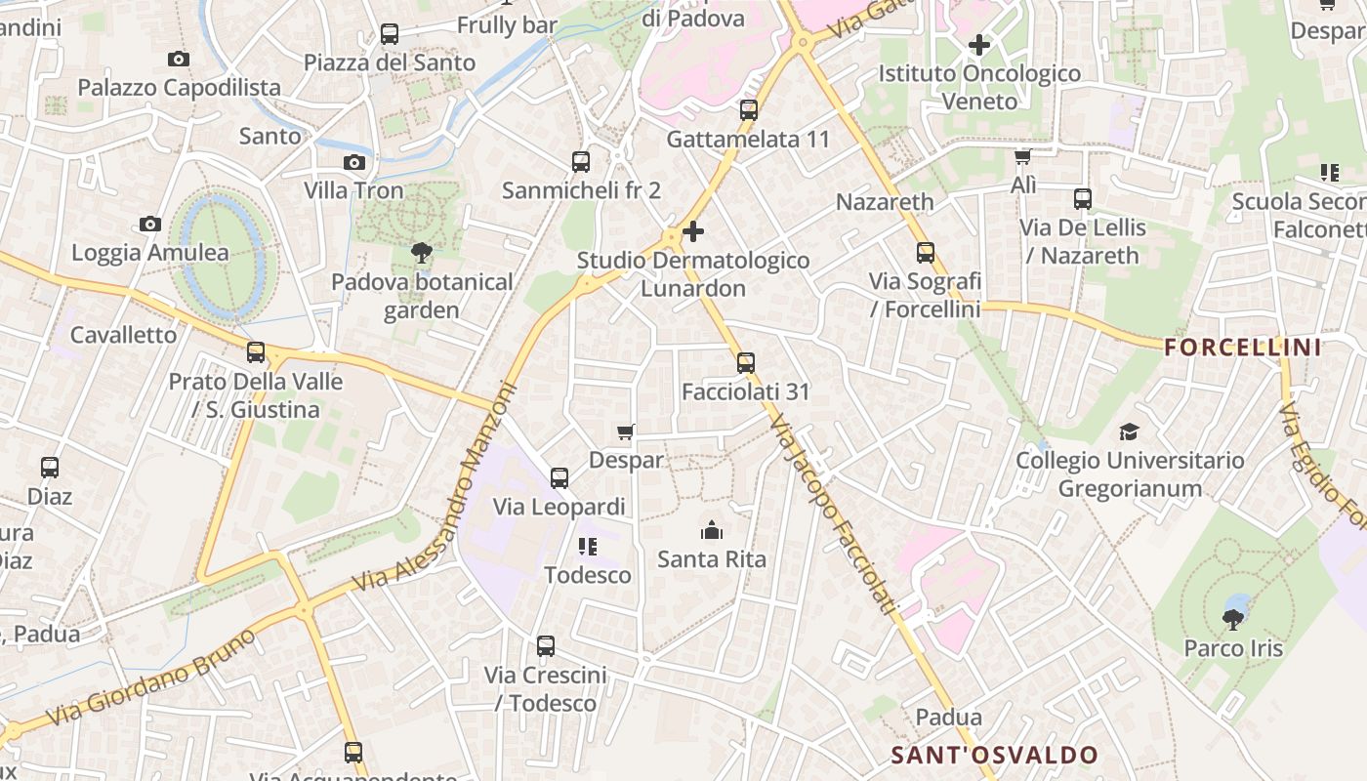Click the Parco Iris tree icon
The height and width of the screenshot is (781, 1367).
pyautogui.click(x=1233, y=618)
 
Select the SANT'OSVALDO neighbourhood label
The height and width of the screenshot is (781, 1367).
pyautogui.click(x=994, y=755)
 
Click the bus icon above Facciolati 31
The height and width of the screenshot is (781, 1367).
pyautogui.click(x=746, y=363)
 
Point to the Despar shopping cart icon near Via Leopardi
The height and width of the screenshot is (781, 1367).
pyautogui.click(x=626, y=432)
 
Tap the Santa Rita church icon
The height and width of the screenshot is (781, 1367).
pyautogui.click(x=712, y=531)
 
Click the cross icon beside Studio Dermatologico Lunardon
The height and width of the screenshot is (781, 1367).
pyautogui.click(x=693, y=231)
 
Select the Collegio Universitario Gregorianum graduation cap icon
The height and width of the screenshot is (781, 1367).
pyautogui.click(x=1130, y=432)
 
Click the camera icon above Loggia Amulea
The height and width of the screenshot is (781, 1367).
pyautogui.click(x=149, y=225)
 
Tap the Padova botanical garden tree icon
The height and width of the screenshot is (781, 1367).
pyautogui.click(x=422, y=254)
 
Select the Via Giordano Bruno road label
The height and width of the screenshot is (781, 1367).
pyautogui.click(x=154, y=677)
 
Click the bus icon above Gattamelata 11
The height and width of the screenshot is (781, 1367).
pyautogui.click(x=749, y=110)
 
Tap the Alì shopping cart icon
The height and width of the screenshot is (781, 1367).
pyautogui.click(x=1023, y=156)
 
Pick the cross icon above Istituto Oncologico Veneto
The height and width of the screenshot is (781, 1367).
pyautogui.click(x=978, y=45)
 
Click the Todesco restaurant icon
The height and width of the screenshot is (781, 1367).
pyautogui.click(x=587, y=547)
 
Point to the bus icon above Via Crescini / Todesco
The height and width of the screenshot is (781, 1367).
pyautogui.click(x=546, y=646)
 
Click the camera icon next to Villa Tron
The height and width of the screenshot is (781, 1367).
pyautogui.click(x=354, y=162)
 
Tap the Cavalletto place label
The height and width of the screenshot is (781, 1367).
pyautogui.click(x=124, y=335)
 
